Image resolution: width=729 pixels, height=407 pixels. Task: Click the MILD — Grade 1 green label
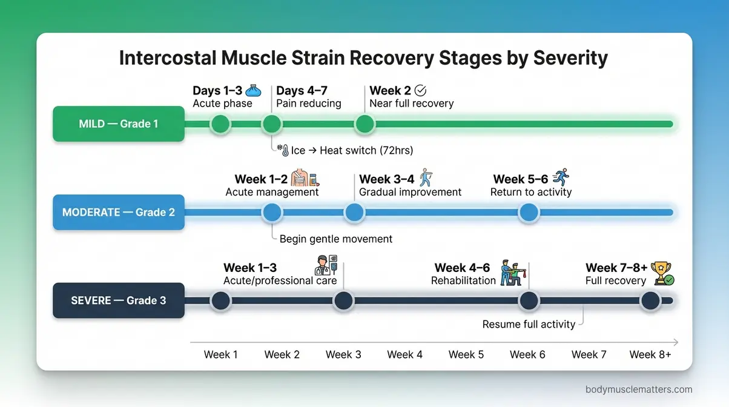pyautogui.click(x=119, y=124)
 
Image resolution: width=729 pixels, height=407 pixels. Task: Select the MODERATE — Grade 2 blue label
pyautogui.click(x=119, y=213)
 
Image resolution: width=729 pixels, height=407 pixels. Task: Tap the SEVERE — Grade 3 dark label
pyautogui.click(x=119, y=300)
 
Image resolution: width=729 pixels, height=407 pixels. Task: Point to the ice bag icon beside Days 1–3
pyautogui.click(x=254, y=91)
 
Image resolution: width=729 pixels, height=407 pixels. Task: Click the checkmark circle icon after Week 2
pyautogui.click(x=420, y=91)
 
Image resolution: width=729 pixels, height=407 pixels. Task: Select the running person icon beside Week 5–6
pyautogui.click(x=561, y=178)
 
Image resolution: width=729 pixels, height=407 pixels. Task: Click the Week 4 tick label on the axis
pyautogui.click(x=404, y=354)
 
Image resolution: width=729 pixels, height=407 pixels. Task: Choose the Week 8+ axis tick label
pyautogui.click(x=650, y=354)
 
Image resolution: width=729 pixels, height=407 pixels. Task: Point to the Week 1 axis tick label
pyautogui.click(x=220, y=354)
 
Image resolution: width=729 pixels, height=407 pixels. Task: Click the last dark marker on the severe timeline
pyautogui.click(x=650, y=300)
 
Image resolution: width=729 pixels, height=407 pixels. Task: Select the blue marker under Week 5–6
pyautogui.click(x=529, y=213)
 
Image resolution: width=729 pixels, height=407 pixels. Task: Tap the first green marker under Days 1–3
pyautogui.click(x=220, y=124)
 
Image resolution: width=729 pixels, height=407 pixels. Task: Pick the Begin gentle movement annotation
pyautogui.click(x=336, y=239)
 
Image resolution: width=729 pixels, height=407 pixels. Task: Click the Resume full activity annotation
pyautogui.click(x=529, y=325)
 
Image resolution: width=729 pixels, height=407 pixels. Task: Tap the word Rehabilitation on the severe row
pyautogui.click(x=463, y=281)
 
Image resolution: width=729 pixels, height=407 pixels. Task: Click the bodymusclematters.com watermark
pyautogui.click(x=639, y=389)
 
